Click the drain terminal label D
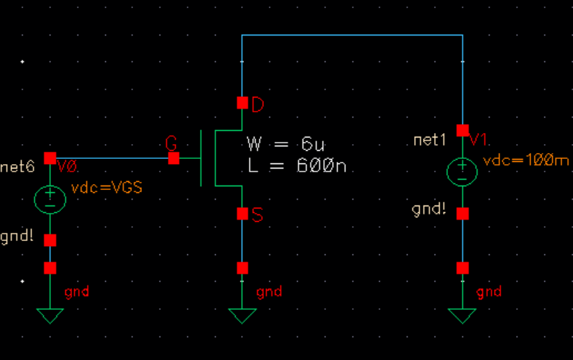coord(258,105)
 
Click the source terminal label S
coord(257,215)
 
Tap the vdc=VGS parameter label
coord(106,188)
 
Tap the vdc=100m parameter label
coord(526,161)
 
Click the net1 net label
coord(431,140)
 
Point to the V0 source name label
coord(67,168)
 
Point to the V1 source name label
coord(479,140)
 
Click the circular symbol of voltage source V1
coord(462,171)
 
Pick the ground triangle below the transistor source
coord(242,316)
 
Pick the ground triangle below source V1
coord(462,316)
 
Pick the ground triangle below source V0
coord(50,316)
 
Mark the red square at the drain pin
coord(242,102)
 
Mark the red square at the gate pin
coord(173,158)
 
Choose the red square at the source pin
coord(242,214)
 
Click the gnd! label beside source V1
coord(429,209)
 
